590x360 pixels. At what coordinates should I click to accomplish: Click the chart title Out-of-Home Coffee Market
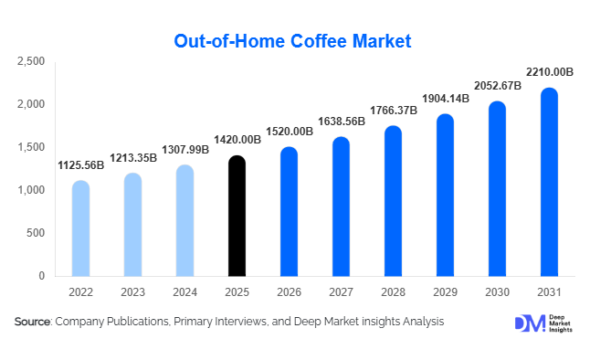pos(292,41)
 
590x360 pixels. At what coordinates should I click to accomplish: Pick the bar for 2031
pos(549,183)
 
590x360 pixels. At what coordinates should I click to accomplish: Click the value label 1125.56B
pos(81,166)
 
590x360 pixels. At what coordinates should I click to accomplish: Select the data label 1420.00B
pos(237,141)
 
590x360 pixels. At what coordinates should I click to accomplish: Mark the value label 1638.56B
pos(341,121)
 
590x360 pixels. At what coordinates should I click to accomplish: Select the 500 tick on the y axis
pos(36,233)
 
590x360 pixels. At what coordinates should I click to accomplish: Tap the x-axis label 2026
pos(289,293)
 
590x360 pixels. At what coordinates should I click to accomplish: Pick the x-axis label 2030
pos(497,293)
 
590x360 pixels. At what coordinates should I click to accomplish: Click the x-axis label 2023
pos(132,293)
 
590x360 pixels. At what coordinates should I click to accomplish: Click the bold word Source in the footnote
pos(32,322)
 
